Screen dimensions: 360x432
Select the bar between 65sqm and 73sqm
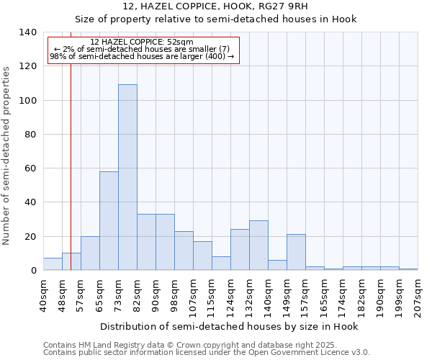109,221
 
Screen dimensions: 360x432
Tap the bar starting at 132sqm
258,246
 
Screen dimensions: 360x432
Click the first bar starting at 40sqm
53,264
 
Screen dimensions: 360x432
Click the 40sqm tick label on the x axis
43,294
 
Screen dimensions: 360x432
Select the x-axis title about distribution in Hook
228,326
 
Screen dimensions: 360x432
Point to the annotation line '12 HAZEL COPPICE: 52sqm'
143,42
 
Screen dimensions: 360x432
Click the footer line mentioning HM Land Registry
180,345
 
